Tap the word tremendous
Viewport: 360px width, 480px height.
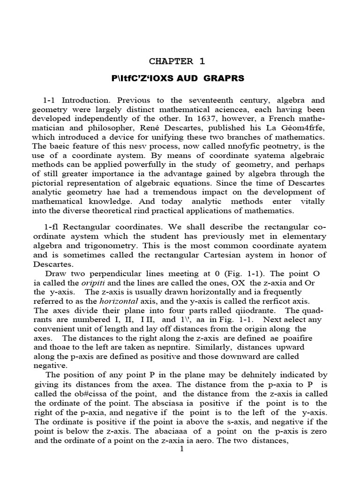pyautogui.click(x=172, y=193)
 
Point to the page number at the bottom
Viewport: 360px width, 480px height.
pyautogui.click(x=182, y=449)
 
